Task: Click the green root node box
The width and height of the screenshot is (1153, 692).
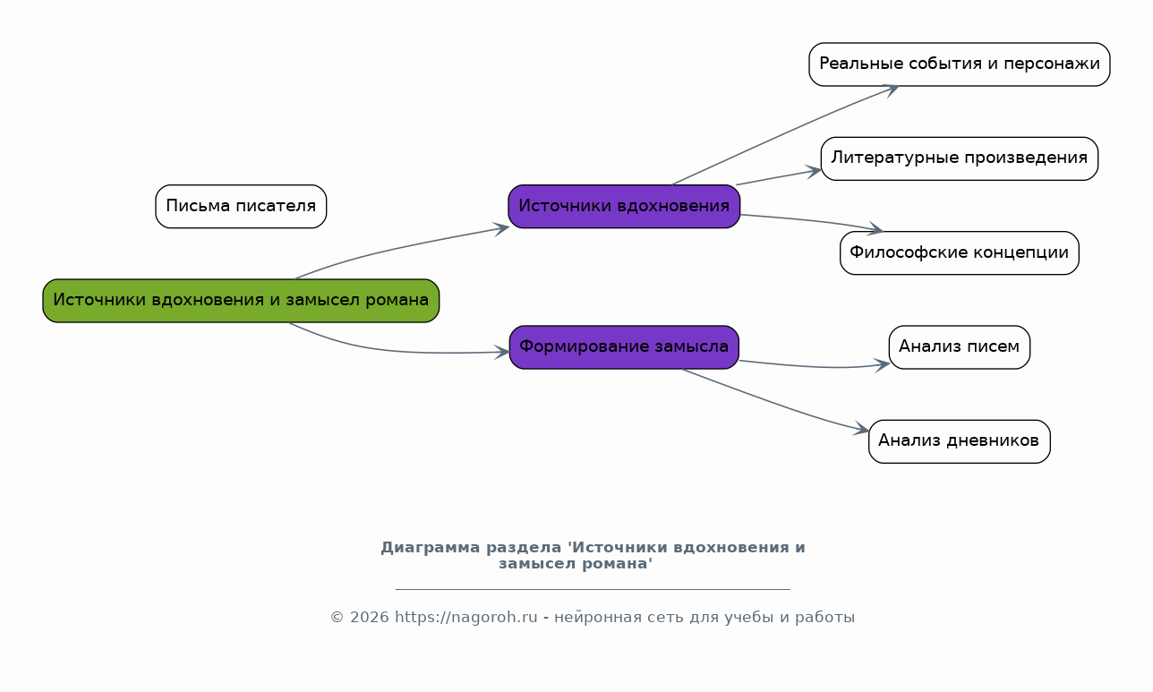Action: (241, 301)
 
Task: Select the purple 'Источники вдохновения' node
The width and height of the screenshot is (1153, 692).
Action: (624, 207)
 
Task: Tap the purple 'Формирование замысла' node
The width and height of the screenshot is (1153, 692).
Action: (624, 347)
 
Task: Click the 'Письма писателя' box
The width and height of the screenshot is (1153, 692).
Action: (241, 207)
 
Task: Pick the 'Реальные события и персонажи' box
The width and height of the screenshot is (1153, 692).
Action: (960, 64)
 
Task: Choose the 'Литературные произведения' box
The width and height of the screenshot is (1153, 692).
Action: (960, 158)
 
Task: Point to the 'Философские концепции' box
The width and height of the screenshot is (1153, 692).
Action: (960, 252)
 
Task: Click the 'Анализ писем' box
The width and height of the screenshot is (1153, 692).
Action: (960, 347)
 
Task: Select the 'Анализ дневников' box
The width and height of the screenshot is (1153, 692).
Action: (960, 441)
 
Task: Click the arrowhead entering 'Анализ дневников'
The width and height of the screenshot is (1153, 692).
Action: (862, 429)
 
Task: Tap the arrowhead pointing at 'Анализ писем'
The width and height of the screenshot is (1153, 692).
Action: (883, 365)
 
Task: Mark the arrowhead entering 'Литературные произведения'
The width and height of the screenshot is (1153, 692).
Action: (814, 172)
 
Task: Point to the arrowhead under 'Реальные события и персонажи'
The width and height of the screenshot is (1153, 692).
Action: (891, 90)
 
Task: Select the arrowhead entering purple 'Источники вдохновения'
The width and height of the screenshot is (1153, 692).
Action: (501, 229)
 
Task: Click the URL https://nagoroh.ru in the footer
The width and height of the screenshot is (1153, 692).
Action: (465, 617)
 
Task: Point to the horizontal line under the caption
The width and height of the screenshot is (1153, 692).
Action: (593, 588)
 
